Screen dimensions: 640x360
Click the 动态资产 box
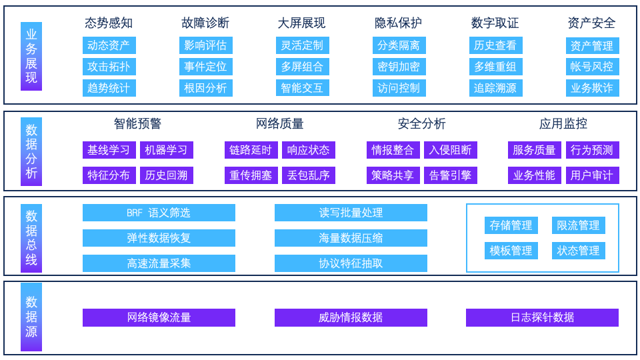pyautogui.click(x=109, y=45)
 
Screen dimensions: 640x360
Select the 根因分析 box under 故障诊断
pyautogui.click(x=206, y=88)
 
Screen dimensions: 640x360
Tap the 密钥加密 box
pyautogui.click(x=399, y=67)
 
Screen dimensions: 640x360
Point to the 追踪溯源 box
pyautogui.click(x=495, y=88)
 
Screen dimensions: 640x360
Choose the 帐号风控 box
pyautogui.click(x=592, y=67)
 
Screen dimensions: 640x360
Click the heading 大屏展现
pyautogui.click(x=301, y=23)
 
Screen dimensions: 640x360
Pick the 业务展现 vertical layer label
pyautogui.click(x=31, y=56)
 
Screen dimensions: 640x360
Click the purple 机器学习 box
pyautogui.click(x=167, y=150)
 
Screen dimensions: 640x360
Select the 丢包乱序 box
pyautogui.click(x=309, y=175)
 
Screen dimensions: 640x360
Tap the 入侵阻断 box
pyautogui.click(x=450, y=150)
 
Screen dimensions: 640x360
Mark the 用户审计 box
pyautogui.click(x=592, y=175)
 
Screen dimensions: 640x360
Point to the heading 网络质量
pyautogui.click(x=279, y=124)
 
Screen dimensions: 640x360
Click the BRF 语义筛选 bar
pyautogui.click(x=159, y=213)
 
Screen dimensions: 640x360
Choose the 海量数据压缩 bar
pyautogui.click(x=351, y=238)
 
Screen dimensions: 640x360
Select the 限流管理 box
pyautogui.click(x=579, y=225)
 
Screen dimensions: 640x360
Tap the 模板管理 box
pyautogui.click(x=511, y=251)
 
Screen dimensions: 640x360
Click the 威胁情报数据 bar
pyautogui.click(x=351, y=317)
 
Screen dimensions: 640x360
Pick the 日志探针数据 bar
pyautogui.click(x=543, y=317)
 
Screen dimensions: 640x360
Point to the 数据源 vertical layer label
pyautogui.click(x=31, y=317)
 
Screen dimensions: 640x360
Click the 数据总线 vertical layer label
pyautogui.click(x=31, y=238)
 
